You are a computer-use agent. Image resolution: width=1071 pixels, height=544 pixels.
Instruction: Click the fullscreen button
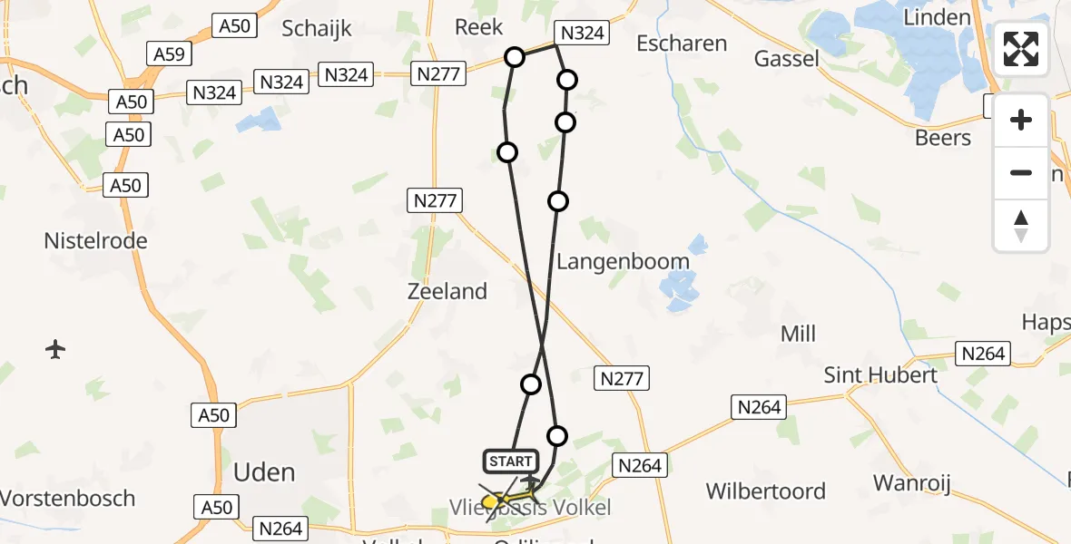pos(1021,49)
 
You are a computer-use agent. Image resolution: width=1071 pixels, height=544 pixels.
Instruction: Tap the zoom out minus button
pos(1021,172)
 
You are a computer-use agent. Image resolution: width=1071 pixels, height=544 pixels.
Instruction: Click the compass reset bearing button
pos(1021,225)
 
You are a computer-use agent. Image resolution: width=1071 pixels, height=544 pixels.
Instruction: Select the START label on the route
pos(511,461)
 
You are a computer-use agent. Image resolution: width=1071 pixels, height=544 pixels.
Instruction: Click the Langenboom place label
pos(623,262)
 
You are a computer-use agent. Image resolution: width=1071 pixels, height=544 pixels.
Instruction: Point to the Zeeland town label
pos(447,291)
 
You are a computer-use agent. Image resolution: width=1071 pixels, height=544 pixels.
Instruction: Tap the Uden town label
pos(264,472)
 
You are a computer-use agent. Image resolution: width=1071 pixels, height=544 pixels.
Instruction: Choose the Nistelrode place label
pos(95,241)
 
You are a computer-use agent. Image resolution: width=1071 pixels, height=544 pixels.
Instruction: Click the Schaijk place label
pos(316,28)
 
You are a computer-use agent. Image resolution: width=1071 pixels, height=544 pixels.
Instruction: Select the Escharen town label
pos(682,44)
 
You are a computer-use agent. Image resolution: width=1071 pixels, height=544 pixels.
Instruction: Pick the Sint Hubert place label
pos(880,374)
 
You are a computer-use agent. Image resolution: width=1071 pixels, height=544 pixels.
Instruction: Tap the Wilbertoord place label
pos(766,491)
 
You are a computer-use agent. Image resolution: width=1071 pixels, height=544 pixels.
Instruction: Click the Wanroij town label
pos(912,483)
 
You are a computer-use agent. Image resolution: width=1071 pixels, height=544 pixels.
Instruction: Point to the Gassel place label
pos(786,59)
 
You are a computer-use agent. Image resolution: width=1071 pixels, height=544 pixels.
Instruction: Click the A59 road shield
pos(169,54)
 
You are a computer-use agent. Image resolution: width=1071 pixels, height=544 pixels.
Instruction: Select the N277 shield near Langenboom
pos(622,378)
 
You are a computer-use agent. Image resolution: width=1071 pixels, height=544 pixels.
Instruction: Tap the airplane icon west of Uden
pos(55,348)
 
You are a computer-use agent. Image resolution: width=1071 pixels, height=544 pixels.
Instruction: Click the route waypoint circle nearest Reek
pos(515,57)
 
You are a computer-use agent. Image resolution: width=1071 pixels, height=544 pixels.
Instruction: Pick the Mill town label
pos(798,334)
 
